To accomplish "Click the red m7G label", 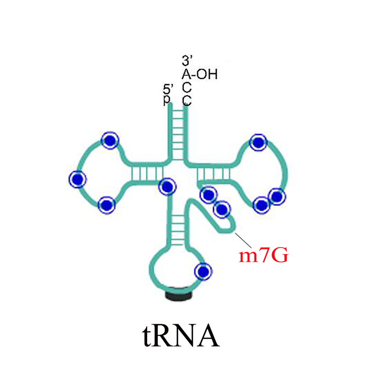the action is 263,255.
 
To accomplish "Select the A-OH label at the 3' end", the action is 199,74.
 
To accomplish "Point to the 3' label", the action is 187,61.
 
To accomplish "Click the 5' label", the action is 168,90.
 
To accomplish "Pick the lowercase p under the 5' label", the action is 167,100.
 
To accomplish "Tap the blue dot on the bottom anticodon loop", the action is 203,272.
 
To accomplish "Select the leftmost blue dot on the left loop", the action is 77,179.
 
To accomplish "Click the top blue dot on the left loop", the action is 110,140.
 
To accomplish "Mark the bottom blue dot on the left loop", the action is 106,205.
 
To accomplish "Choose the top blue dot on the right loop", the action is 258,142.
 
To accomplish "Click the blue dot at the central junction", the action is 167,187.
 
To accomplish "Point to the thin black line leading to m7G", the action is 243,240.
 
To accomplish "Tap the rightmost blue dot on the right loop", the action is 277,197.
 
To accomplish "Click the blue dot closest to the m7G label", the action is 222,209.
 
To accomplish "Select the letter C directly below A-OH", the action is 187,87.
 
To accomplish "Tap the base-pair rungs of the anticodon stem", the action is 178,230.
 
